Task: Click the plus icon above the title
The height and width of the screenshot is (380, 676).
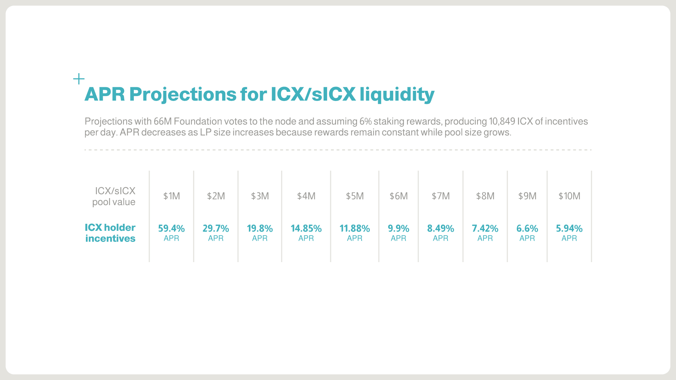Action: click(x=79, y=79)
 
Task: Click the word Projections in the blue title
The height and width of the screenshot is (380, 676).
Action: click(x=183, y=94)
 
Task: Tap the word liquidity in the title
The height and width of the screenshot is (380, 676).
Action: click(x=397, y=94)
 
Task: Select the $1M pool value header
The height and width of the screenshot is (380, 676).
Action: click(x=171, y=196)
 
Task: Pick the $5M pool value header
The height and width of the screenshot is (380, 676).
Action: click(x=355, y=196)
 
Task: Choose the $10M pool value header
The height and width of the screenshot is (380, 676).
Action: click(x=569, y=196)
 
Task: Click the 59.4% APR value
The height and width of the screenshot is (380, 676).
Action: click(x=171, y=229)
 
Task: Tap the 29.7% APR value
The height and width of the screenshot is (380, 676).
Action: click(x=215, y=229)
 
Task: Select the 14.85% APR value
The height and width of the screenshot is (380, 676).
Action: click(x=306, y=229)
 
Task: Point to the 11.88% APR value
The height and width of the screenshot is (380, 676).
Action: click(x=355, y=229)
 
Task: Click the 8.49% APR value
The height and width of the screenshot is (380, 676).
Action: click(x=440, y=229)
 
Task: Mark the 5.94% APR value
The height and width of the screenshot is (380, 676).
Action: click(x=569, y=229)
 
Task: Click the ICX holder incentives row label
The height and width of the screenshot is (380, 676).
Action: click(x=110, y=233)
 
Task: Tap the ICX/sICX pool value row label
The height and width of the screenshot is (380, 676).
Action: click(x=114, y=196)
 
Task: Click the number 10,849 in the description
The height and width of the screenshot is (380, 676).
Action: click(x=502, y=121)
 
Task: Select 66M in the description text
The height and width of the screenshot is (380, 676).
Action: click(x=162, y=121)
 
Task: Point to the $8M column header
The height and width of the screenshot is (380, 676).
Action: click(x=485, y=196)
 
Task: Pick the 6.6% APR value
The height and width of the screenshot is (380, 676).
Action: click(x=527, y=229)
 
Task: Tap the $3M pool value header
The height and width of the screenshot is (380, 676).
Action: click(x=260, y=196)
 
